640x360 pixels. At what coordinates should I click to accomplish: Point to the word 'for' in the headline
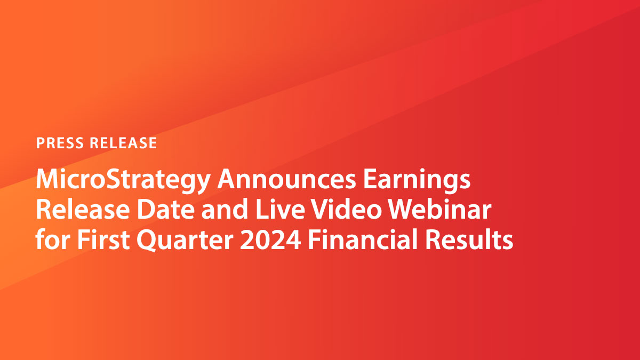52,241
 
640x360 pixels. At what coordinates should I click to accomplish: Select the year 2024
271,241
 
